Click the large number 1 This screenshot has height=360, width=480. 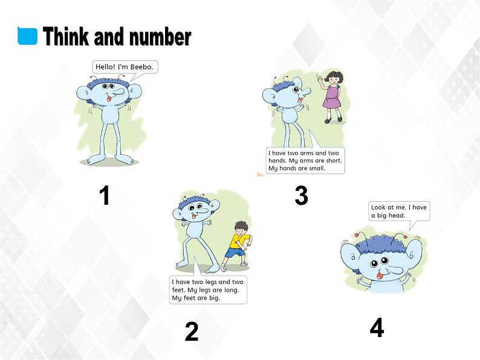coord(105,196)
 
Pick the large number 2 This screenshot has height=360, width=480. coord(191,332)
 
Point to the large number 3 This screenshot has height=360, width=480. coord(301,196)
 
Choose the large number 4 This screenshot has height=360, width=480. coord(377,328)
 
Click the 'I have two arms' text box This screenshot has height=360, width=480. coord(305,161)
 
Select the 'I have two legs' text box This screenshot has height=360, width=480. coord(208,290)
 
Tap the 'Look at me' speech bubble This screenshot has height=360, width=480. coord(399,211)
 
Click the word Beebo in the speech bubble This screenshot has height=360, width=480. coord(143,67)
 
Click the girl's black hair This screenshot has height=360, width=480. coord(333,76)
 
